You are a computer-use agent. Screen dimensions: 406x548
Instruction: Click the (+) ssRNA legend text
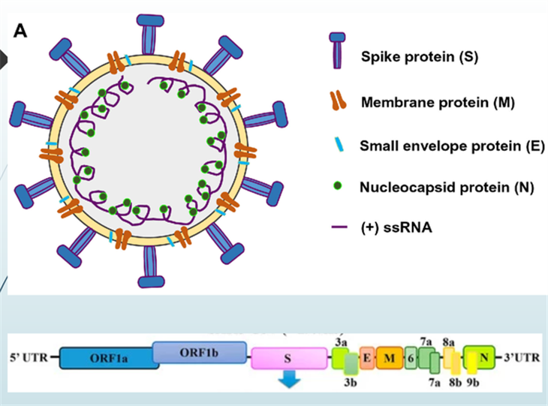pos(396,228)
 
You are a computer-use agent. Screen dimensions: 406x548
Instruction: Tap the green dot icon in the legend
pos(337,187)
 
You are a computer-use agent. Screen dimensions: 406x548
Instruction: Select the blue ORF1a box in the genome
pos(106,359)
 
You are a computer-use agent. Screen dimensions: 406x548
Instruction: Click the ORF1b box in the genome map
pos(200,352)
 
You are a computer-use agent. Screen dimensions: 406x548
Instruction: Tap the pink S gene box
pos(288,359)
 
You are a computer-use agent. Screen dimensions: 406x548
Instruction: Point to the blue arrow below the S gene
pos(288,381)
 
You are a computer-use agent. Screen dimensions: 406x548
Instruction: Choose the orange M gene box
pos(389,358)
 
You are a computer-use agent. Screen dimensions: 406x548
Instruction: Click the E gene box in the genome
pos(367,358)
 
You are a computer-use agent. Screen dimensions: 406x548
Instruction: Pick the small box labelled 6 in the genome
pos(411,358)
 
